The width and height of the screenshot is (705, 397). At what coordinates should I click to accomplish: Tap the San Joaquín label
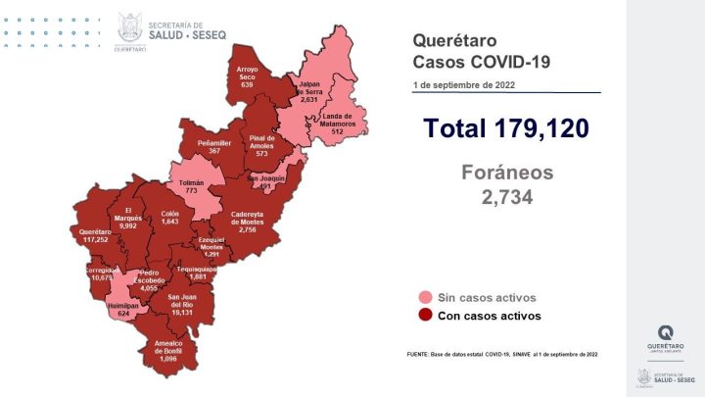[x=266, y=182]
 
